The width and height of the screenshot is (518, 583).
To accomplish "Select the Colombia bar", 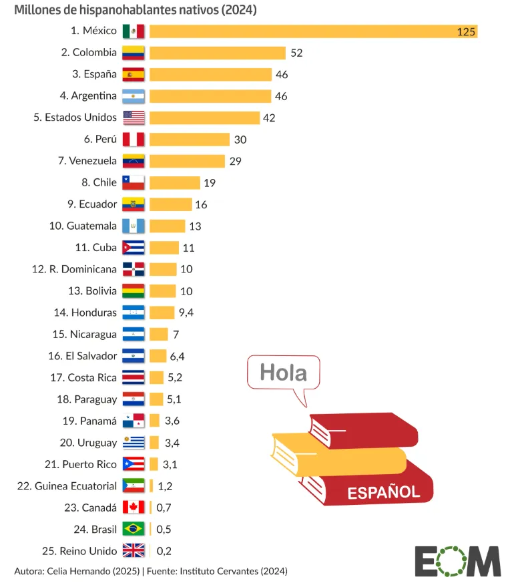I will click(217, 53).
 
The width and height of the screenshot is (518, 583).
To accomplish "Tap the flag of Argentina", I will click(133, 96).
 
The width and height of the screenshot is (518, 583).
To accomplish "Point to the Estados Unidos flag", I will click(133, 118).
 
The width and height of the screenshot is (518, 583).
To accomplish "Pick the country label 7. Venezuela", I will click(87, 161).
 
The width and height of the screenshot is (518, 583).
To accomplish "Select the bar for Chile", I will click(174, 183).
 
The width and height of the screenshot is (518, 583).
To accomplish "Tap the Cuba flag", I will click(133, 248).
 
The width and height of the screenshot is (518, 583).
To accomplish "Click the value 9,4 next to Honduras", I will click(186, 313).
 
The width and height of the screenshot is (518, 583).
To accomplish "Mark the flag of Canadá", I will click(133, 508).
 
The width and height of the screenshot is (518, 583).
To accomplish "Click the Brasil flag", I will click(133, 530).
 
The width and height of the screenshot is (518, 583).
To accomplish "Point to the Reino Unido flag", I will click(133, 551).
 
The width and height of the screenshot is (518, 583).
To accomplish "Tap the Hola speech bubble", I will click(283, 373).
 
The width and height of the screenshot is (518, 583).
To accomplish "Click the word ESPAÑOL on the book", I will click(383, 493).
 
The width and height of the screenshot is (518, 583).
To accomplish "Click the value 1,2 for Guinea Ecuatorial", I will click(164, 486).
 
